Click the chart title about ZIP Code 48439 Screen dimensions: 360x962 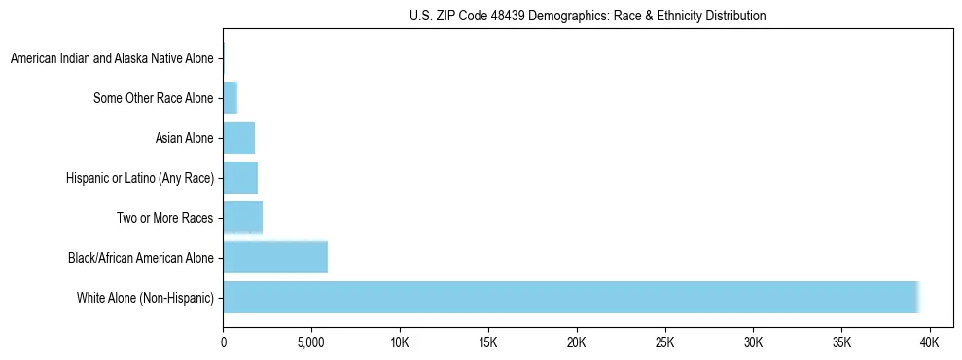[587, 16]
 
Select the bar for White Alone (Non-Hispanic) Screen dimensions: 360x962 [571, 297]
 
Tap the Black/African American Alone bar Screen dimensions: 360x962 [275, 257]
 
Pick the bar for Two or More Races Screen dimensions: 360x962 [243, 217]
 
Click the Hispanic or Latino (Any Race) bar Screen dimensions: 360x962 [240, 177]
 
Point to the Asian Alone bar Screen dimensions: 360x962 [238, 137]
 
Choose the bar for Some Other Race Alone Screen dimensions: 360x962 [230, 97]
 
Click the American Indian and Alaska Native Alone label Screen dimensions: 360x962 [112, 58]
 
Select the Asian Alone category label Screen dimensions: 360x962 [184, 138]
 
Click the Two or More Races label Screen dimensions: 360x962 [164, 218]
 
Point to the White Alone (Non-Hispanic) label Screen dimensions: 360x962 [145, 298]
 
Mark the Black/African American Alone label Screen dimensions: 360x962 [140, 258]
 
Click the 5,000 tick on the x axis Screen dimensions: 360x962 [311, 343]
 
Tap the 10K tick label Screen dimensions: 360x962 [400, 343]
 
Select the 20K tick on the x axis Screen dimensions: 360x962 [577, 343]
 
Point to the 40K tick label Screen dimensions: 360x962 [930, 343]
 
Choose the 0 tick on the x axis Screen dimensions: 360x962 [223, 343]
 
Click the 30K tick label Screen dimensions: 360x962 [753, 343]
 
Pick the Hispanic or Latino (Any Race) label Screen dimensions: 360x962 [139, 178]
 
